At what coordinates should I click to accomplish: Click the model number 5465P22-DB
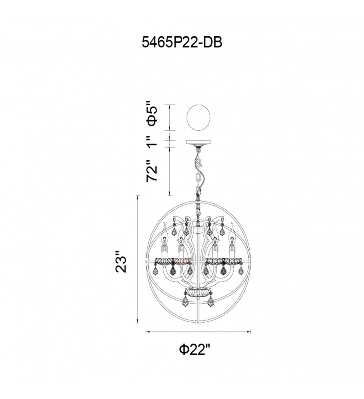(x=182, y=42)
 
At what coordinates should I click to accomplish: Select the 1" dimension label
(x=152, y=141)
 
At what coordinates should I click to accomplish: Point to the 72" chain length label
(x=152, y=170)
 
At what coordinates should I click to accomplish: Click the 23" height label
(x=121, y=262)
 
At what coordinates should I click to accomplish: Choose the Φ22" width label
(x=194, y=350)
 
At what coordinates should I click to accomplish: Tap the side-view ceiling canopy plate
(x=198, y=142)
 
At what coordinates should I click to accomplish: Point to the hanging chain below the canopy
(x=198, y=173)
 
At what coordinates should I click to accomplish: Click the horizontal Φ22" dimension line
(x=198, y=331)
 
